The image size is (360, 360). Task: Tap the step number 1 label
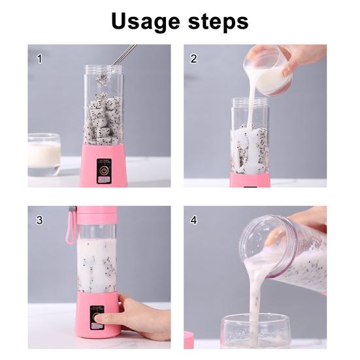coord(39,59)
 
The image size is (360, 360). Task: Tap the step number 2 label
coord(194,59)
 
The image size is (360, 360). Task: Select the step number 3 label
coord(39,220)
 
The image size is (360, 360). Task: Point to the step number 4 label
coord(194,220)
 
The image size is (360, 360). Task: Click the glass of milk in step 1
coord(44,154)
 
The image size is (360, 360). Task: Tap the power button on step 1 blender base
coord(102,174)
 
